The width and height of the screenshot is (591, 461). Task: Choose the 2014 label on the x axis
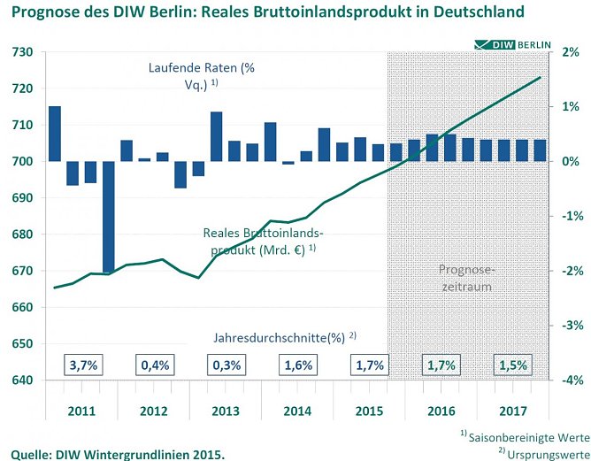[x=296, y=411]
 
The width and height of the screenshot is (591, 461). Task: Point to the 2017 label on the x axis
[x=512, y=411]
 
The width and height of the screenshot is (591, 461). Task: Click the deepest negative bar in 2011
[x=109, y=217]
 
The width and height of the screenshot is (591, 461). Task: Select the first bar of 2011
[x=55, y=134]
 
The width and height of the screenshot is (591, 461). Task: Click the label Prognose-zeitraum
[x=464, y=279]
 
